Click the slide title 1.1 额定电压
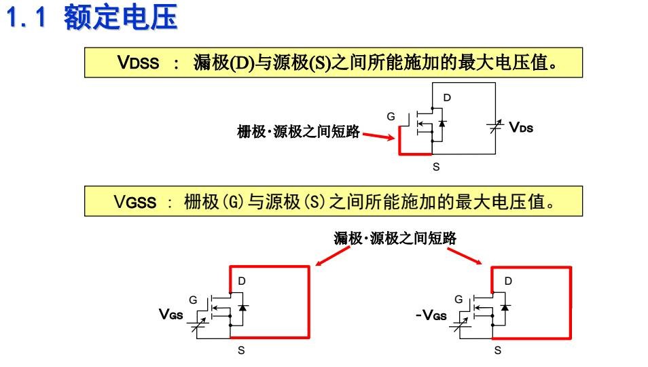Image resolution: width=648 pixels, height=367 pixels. coord(91,18)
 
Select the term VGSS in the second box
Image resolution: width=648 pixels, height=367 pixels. coord(135,202)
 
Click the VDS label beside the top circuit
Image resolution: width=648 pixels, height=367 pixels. coord(521,126)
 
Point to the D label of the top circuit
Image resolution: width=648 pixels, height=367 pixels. coord(447,98)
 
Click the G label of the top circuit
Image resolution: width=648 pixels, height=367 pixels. coord(391,116)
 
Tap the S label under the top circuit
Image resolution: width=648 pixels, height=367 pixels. coord(435,166)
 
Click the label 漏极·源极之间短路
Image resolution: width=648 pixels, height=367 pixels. coord(395,238)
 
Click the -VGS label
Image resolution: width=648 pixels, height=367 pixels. coord(431,315)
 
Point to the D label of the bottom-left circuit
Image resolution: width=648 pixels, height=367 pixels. coord(241,281)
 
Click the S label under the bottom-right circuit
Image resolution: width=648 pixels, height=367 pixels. coord(497,351)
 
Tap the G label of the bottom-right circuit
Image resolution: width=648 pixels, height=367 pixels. coord(458,298)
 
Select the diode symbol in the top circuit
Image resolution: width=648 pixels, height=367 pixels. coord(442,124)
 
